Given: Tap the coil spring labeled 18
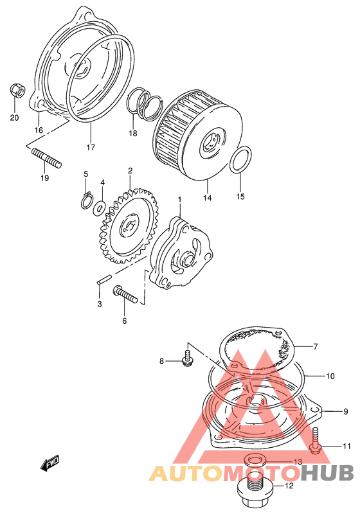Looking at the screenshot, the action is click(x=144, y=103).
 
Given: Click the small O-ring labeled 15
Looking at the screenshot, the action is click(x=240, y=159).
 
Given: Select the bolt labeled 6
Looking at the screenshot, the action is click(x=125, y=294).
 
